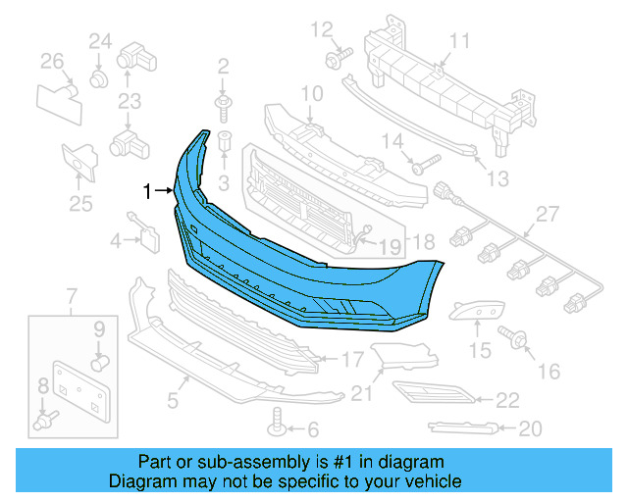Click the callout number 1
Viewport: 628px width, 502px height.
[148, 191]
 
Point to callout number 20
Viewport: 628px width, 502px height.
[530, 427]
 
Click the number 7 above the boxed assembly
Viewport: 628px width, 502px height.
[71, 296]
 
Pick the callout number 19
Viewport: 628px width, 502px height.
[390, 246]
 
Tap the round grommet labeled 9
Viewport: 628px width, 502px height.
[98, 363]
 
